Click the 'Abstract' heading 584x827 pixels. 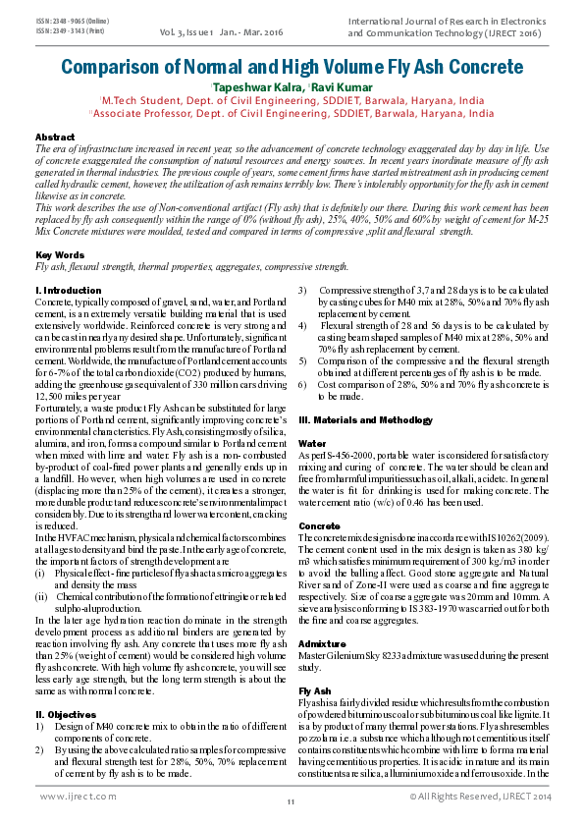pos(54,137)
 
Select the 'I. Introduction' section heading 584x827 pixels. pos(68,291)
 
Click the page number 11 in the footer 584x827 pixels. pos(292,803)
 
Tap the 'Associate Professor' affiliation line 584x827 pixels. pos(292,113)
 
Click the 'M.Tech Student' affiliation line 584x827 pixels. pos(292,99)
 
